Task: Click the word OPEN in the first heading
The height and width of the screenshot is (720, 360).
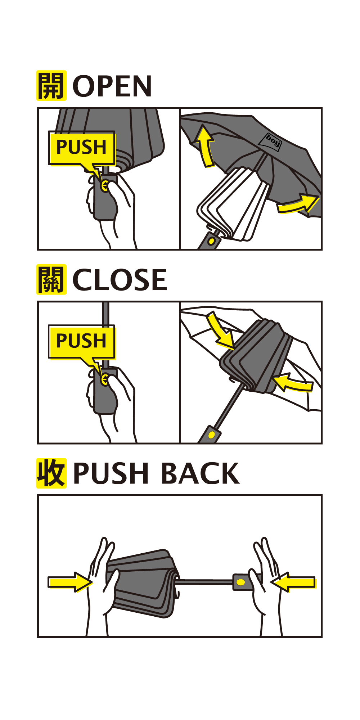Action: click(112, 86)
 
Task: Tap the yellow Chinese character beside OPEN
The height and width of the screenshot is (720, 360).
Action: click(51, 85)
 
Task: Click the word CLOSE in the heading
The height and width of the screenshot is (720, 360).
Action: click(120, 280)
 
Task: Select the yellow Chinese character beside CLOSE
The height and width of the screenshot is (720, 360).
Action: click(51, 279)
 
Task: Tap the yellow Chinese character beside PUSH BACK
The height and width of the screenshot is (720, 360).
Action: click(51, 473)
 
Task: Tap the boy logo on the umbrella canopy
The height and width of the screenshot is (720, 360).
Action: click(273, 142)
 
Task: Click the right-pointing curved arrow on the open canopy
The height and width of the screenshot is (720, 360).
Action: click(297, 204)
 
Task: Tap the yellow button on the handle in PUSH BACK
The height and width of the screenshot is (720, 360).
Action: click(241, 582)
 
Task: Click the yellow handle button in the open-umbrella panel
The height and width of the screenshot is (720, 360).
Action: click(212, 240)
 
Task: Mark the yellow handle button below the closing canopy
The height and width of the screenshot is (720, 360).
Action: click(212, 435)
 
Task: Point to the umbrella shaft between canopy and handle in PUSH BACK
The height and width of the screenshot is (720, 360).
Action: click(205, 581)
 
